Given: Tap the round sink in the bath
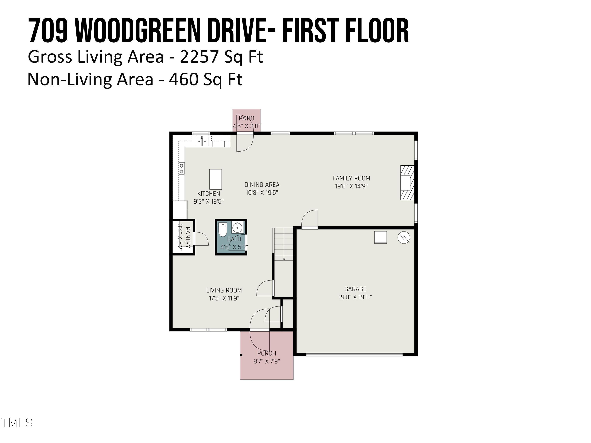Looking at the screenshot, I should tap(237, 228).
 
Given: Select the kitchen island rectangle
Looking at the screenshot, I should tap(216, 179).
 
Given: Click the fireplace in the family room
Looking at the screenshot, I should tap(407, 183).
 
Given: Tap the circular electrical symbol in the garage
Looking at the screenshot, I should tap(404, 237).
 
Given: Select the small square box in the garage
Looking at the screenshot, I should tap(380, 237).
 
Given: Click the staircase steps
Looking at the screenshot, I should tap(283, 244).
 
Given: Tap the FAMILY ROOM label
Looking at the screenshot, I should tap(351, 178).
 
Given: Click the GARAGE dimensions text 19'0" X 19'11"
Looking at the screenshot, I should tap(355, 297).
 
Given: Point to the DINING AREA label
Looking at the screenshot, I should tap(262, 184).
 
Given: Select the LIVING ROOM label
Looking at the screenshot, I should tap(224, 290).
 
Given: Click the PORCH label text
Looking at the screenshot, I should tap(267, 353).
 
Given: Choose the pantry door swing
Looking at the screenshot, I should tap(201, 239).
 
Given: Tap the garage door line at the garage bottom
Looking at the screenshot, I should tap(354, 354).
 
